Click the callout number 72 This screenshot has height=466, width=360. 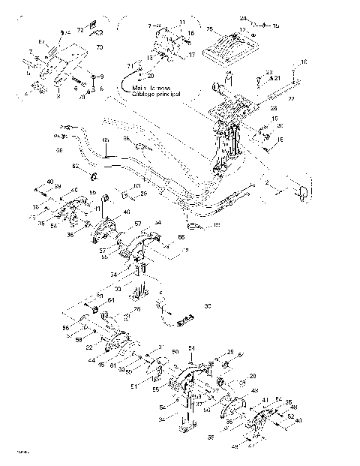point(80,29)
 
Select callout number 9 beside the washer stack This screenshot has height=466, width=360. point(102,77)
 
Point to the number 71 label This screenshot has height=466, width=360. point(128,68)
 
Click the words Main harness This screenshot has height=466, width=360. point(145,88)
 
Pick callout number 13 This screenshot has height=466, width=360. point(150,57)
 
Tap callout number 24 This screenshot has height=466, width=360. point(243,18)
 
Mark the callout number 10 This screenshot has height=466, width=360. point(304,62)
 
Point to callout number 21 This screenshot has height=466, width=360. point(277,77)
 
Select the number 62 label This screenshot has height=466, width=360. point(75,164)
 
